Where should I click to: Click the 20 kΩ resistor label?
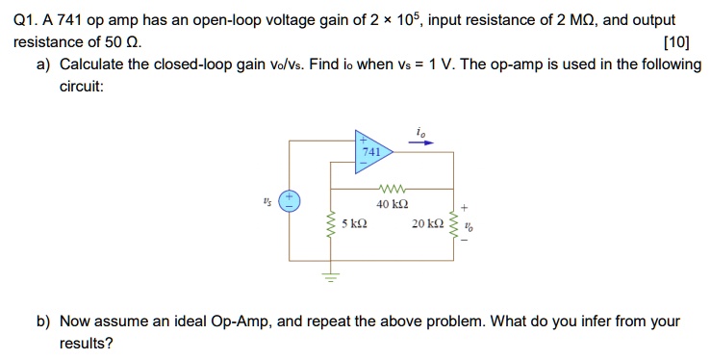[x=425, y=224]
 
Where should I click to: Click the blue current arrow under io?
[x=421, y=143]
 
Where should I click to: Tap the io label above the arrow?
[x=420, y=130]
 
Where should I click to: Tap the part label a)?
[x=44, y=64]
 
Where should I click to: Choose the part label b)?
[x=44, y=321]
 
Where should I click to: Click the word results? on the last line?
[x=86, y=343]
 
